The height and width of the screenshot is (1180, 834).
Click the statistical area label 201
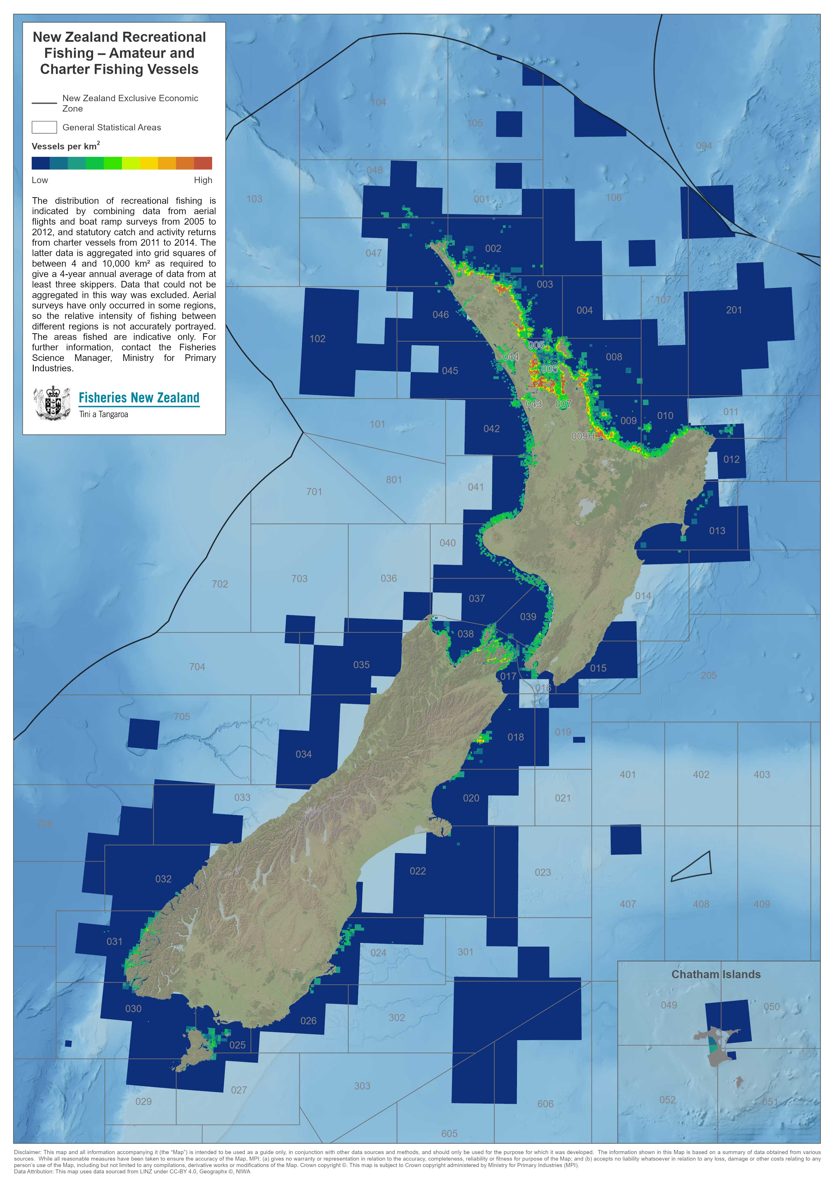tap(733, 310)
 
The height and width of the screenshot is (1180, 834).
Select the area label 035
tap(361, 665)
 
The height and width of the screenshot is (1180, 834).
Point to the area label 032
tap(163, 879)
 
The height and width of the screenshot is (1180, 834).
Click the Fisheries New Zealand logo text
tap(139, 398)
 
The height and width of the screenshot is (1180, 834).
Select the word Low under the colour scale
tap(39, 180)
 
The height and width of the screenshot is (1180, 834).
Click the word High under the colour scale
tap(203, 180)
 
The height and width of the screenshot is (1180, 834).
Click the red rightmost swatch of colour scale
tap(203, 163)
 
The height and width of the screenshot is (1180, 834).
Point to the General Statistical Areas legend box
tap(44, 127)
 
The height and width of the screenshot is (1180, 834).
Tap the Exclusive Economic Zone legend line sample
tap(44, 103)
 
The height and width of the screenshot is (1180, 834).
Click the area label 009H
tap(583, 436)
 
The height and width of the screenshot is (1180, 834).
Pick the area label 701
tap(314, 492)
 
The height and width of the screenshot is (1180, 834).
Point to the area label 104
tap(378, 102)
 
